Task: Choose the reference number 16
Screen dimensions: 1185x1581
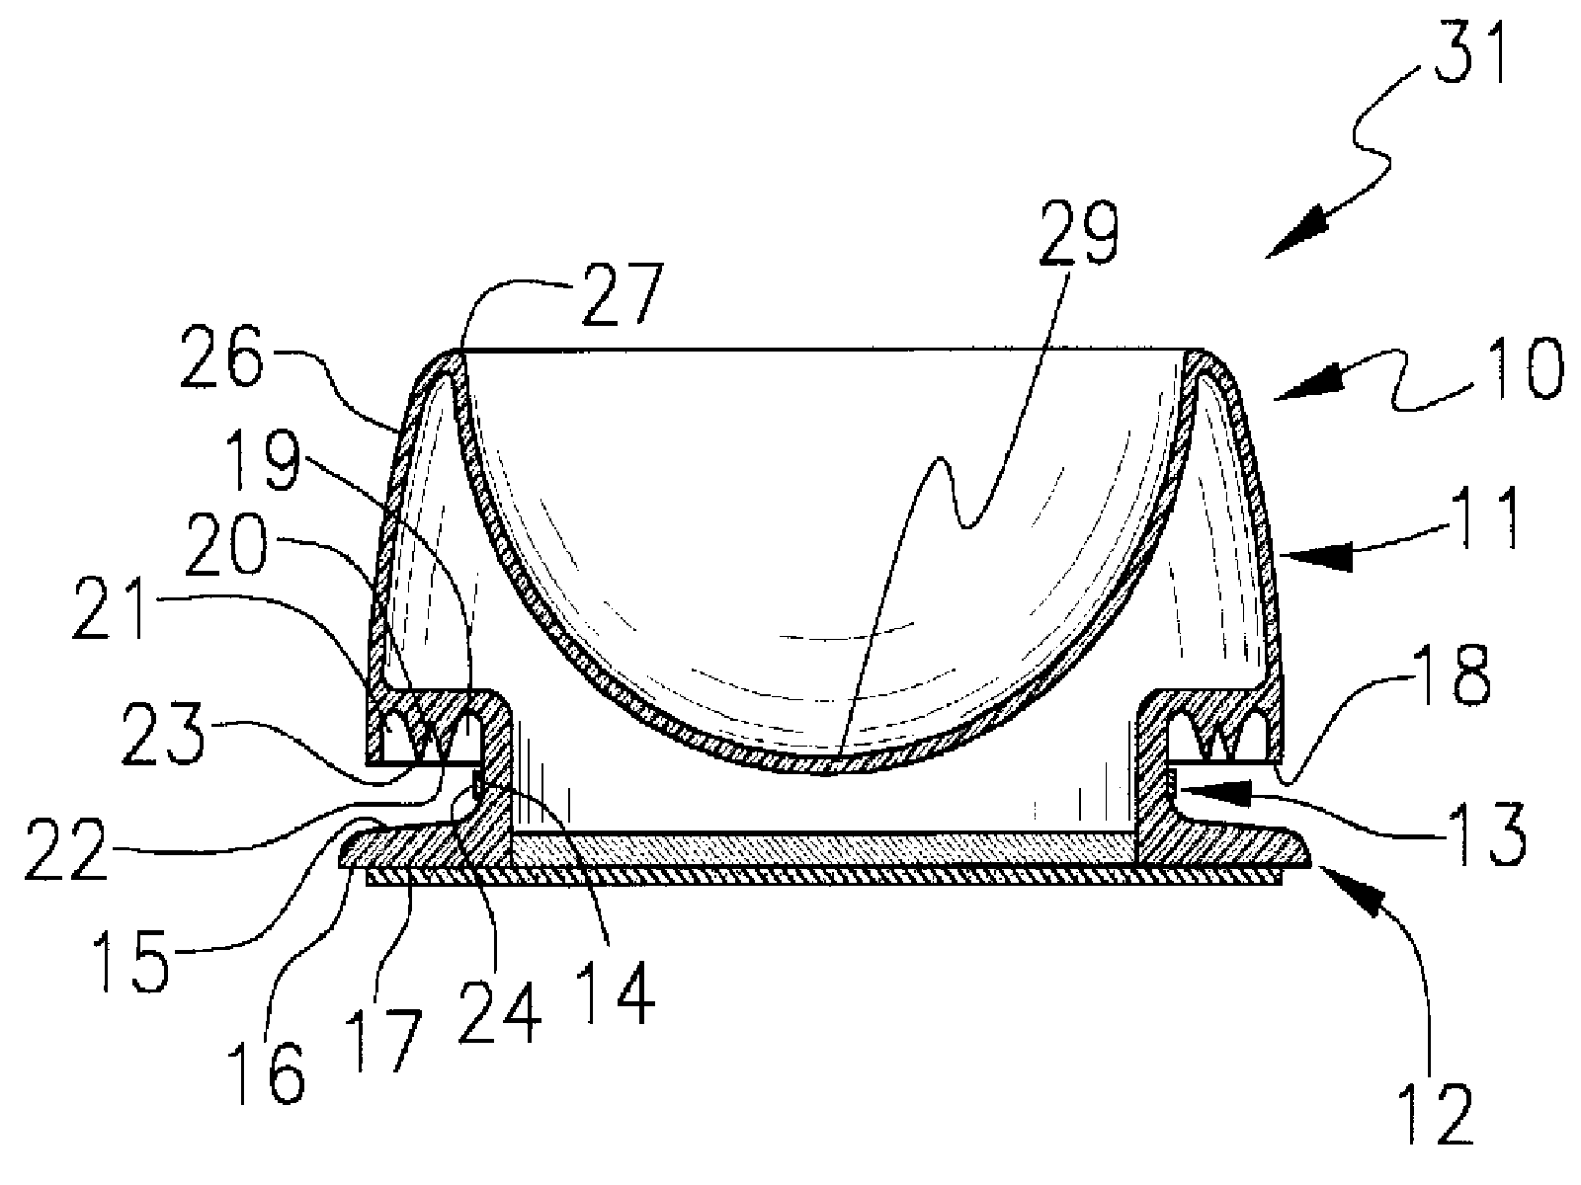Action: (273, 1074)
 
